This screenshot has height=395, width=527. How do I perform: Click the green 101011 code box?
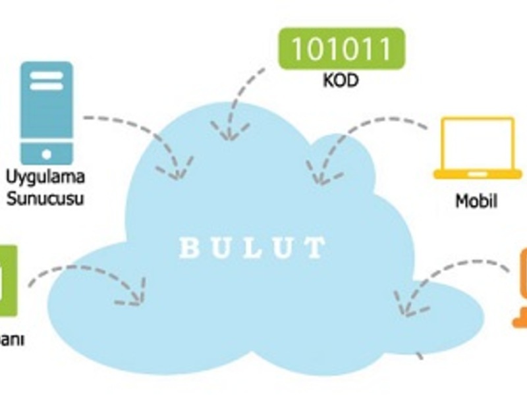coord(341,49)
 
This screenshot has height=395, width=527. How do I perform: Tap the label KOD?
coord(341,82)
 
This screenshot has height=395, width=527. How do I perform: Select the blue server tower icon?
coord(46,113)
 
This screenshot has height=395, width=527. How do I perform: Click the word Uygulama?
coord(45,178)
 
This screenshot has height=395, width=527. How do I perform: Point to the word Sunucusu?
coord(45,197)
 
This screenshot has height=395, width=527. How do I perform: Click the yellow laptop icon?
coord(477,148)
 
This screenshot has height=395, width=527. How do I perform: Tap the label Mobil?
coord(476,201)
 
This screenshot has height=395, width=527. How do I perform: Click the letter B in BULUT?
coord(189,249)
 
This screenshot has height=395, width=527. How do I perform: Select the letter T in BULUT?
coord(316,249)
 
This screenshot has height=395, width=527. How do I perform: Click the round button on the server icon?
coord(46,154)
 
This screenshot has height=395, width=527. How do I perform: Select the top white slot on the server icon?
coord(46,74)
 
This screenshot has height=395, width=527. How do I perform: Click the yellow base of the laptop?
coord(477,174)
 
